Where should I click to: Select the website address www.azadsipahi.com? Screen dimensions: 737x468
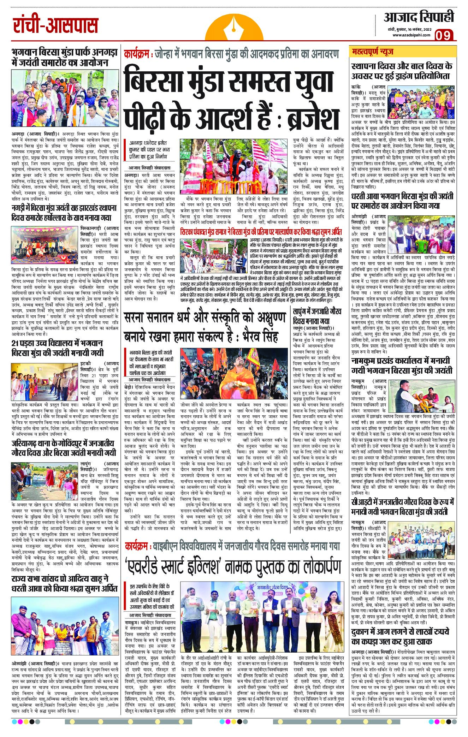coord(410,35)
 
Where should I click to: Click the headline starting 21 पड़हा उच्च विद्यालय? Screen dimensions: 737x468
coord(58,347)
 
